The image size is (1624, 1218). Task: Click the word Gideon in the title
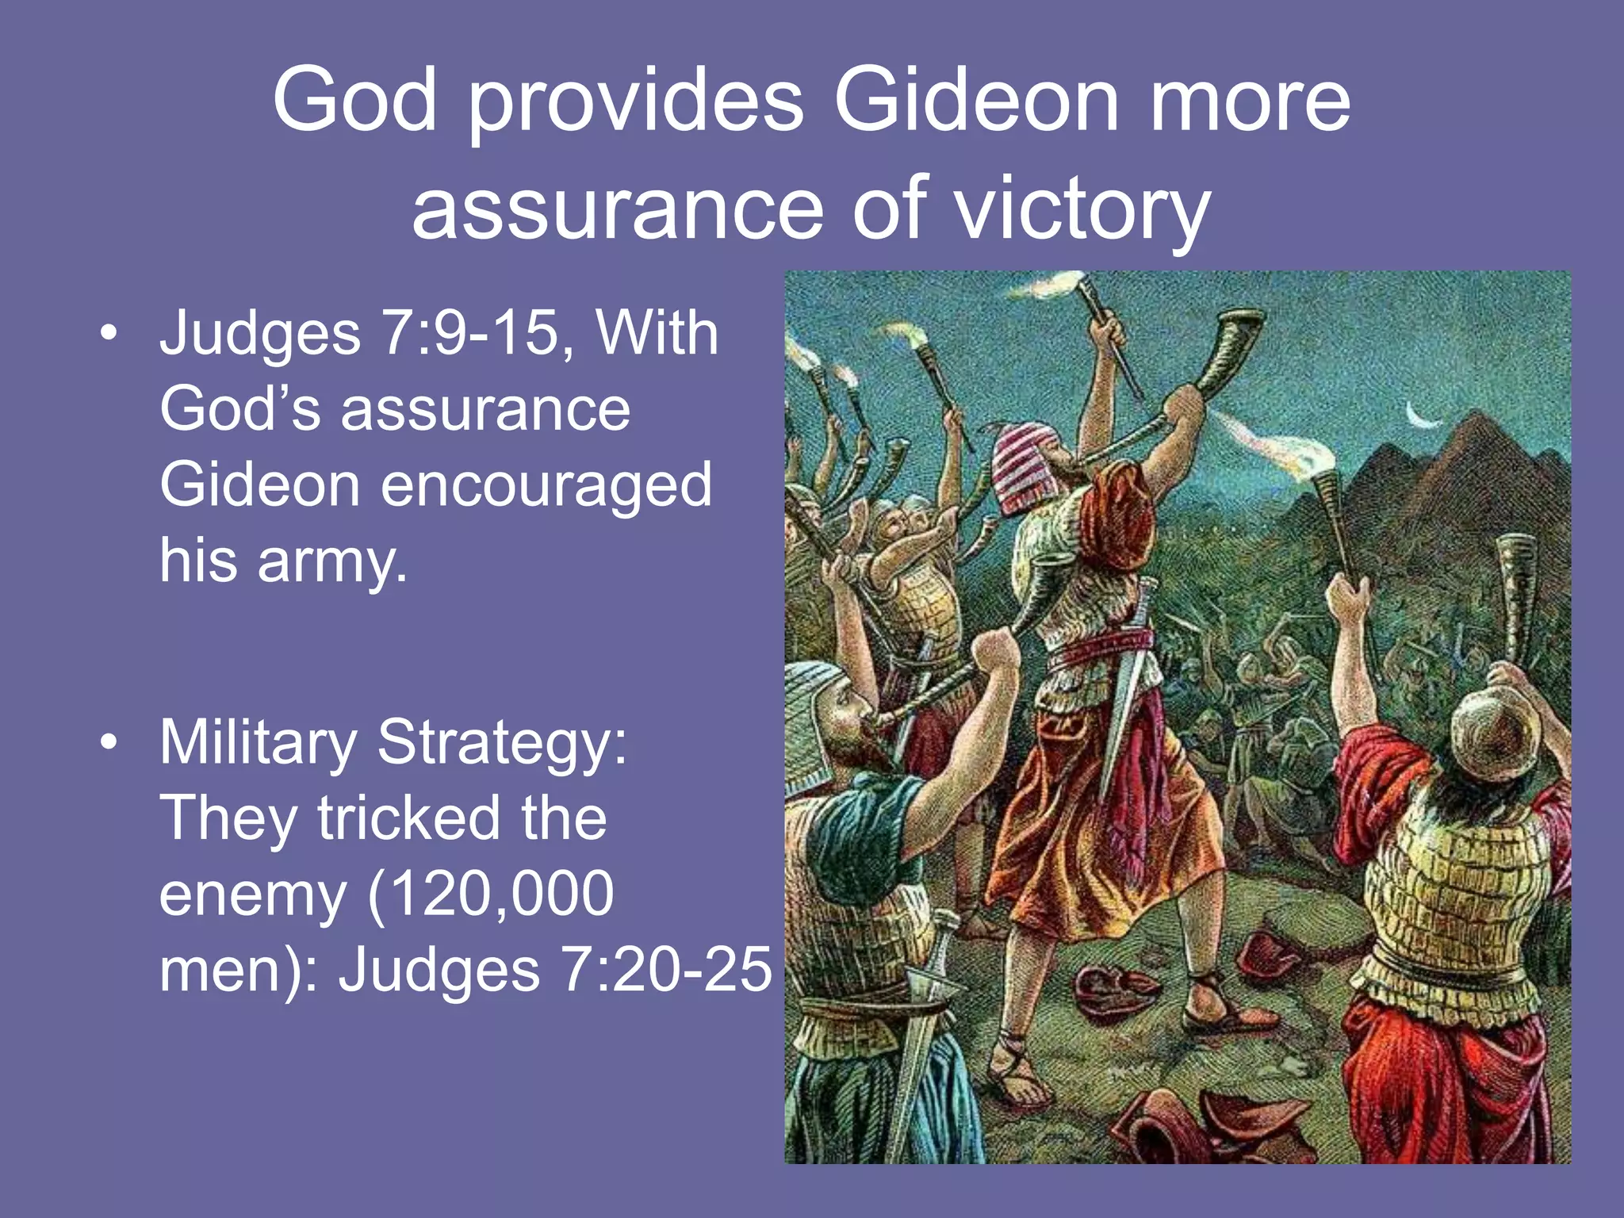coord(976,101)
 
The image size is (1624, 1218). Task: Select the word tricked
coord(409,818)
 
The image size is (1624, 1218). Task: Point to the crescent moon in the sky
coord(1421,416)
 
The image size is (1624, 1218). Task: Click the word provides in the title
coord(635,101)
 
